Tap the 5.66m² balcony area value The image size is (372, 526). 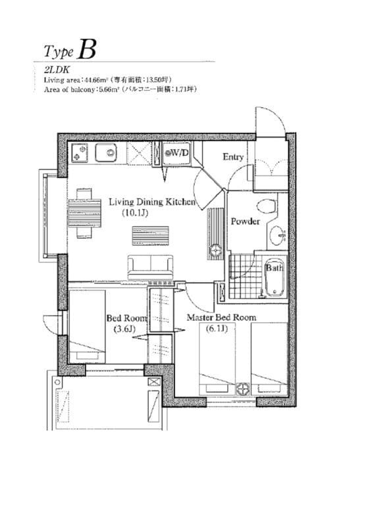pyautogui.click(x=106, y=88)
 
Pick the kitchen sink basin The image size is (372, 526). pyautogui.click(x=106, y=153)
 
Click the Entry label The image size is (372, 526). pyautogui.click(x=233, y=157)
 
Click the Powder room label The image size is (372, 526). pyautogui.click(x=244, y=222)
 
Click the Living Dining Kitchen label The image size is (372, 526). pyautogui.click(x=152, y=202)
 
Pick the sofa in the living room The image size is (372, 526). pyautogui.click(x=149, y=266)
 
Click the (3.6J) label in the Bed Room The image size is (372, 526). pyautogui.click(x=124, y=329)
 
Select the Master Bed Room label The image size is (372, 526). pyautogui.click(x=221, y=318)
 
